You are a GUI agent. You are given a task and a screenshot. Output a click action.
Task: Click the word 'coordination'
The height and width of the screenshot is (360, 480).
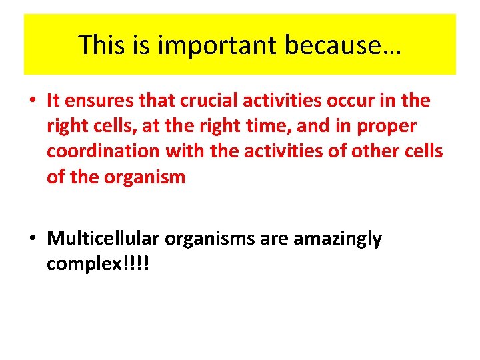pos(103,151)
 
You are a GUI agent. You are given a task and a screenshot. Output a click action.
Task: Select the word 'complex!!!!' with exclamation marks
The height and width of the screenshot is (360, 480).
pos(98,264)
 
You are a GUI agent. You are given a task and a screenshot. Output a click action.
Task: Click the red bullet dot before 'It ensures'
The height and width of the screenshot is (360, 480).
pos(32,101)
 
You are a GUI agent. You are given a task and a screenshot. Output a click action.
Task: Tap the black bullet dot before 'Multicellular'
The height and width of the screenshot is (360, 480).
pos(32,239)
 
